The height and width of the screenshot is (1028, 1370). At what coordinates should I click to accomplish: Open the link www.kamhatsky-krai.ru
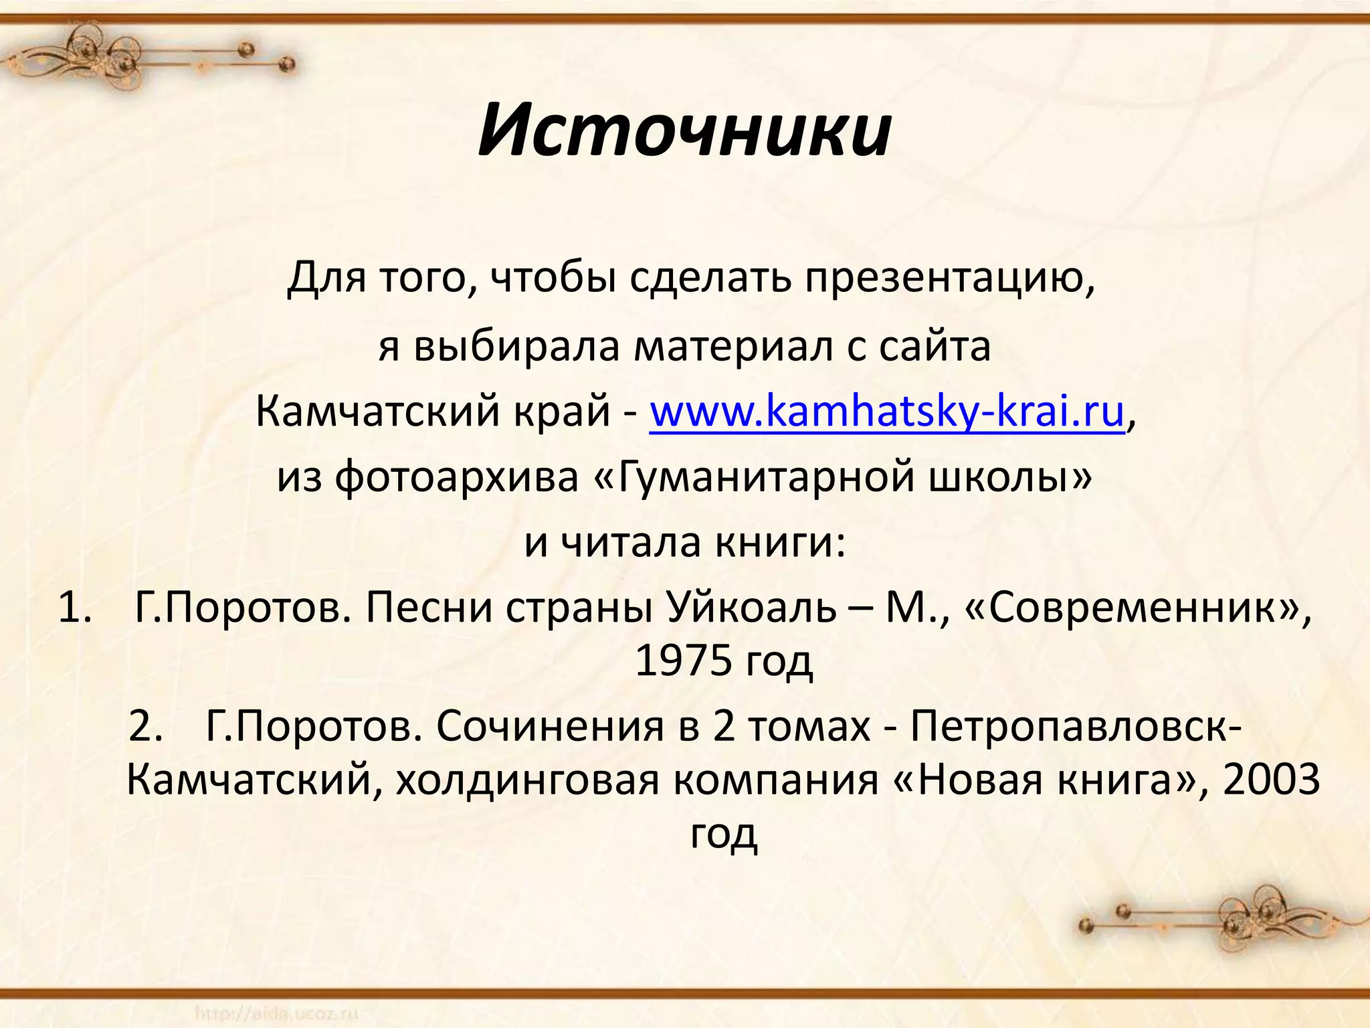click(887, 412)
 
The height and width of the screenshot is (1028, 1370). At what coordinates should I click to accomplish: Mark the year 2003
click(1271, 780)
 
